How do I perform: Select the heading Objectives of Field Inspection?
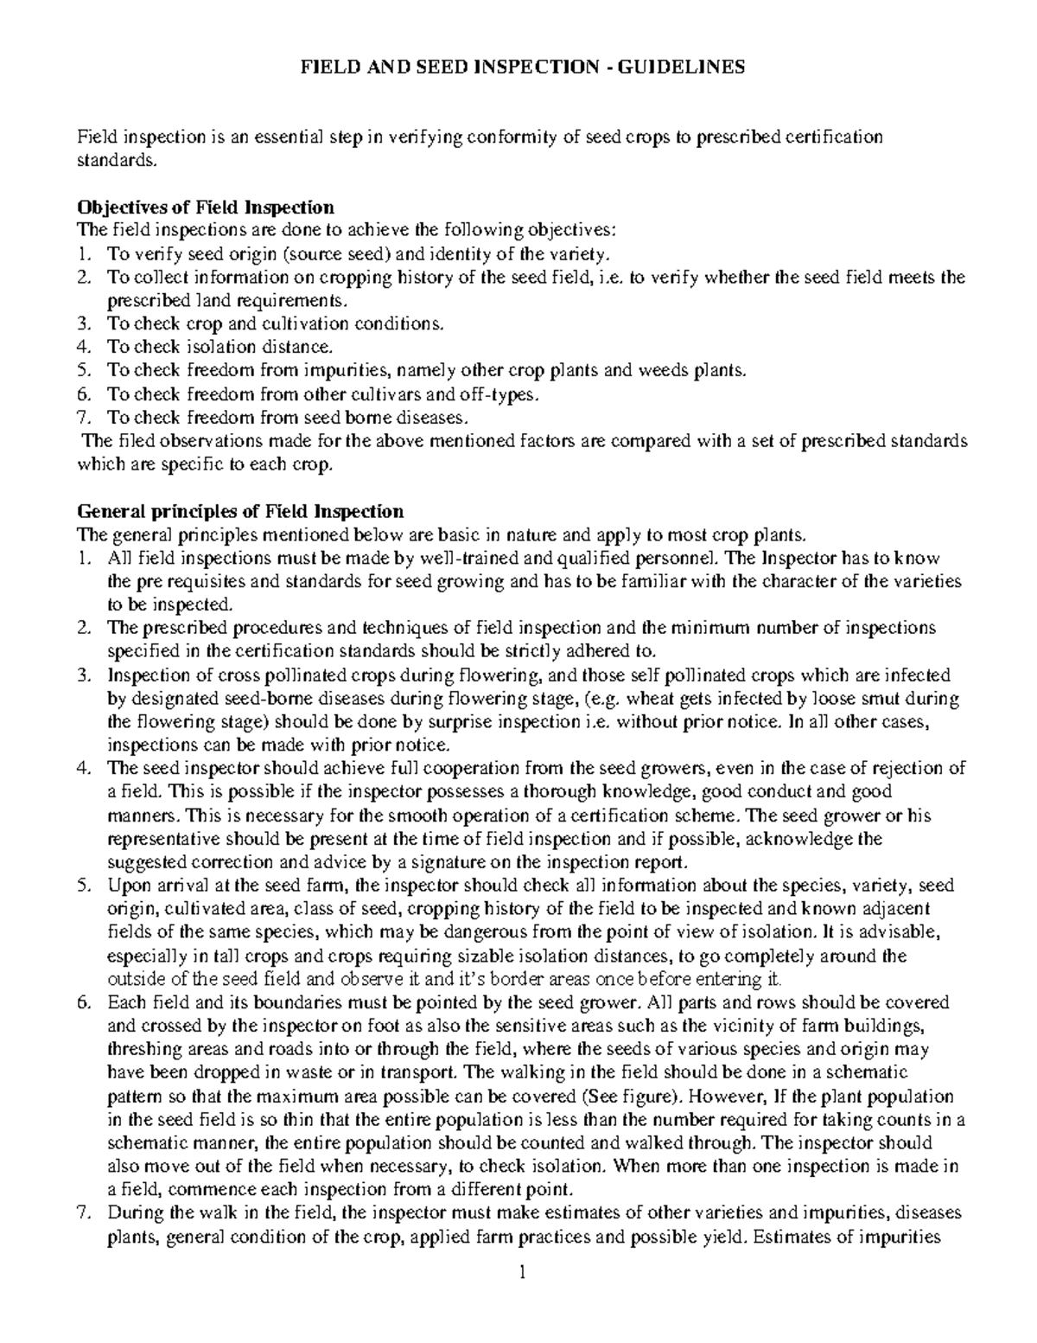click(x=206, y=208)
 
